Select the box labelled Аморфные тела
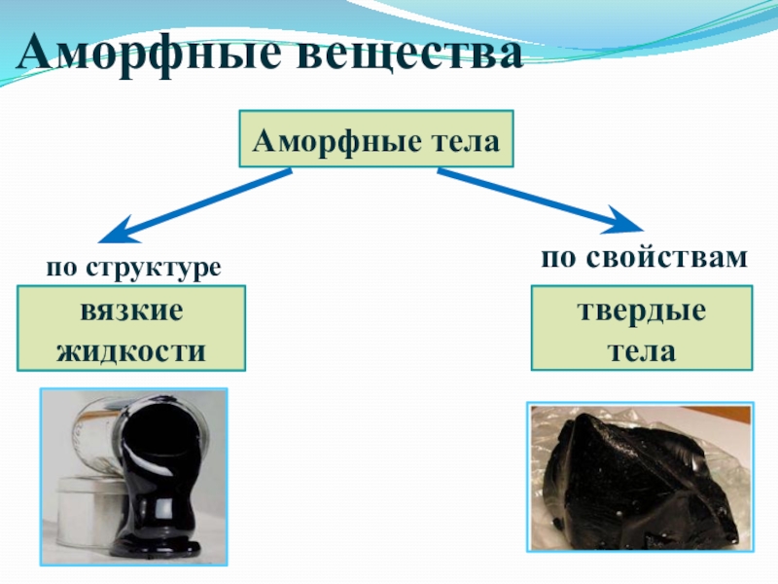[x=376, y=138]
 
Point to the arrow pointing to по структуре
[x=194, y=206]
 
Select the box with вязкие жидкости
[x=130, y=329]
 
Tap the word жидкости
[x=130, y=347]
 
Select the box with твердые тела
[x=642, y=329]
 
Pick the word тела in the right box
[x=642, y=347]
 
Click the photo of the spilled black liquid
[x=133, y=477]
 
